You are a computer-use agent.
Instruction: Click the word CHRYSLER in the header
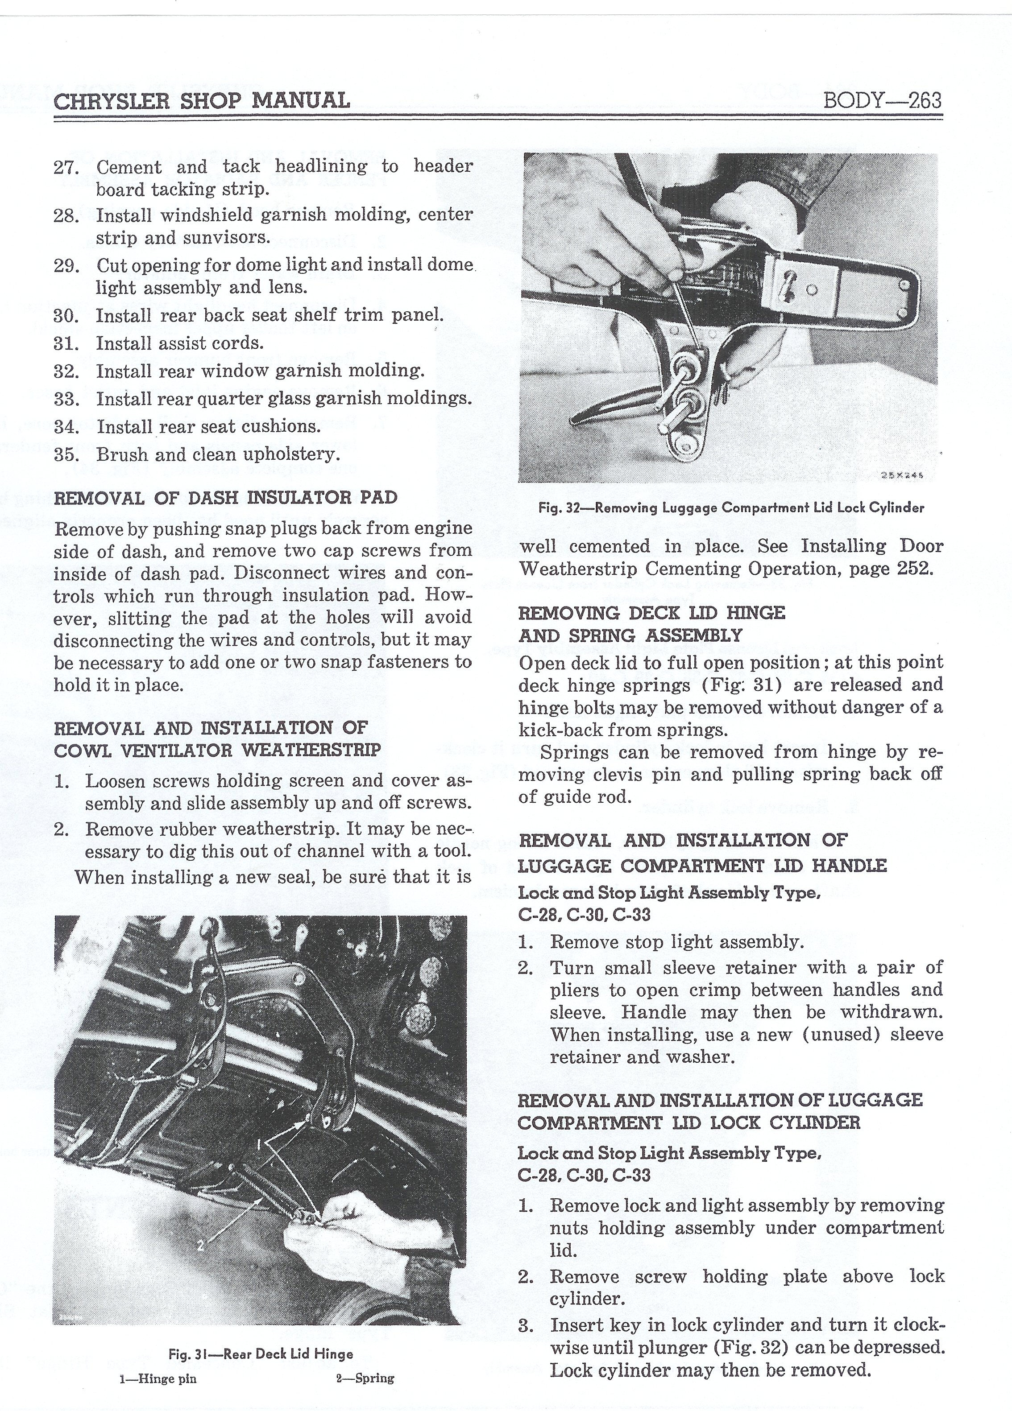click(112, 100)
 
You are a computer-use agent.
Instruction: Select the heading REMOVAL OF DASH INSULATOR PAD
click(225, 498)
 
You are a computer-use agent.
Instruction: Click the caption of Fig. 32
click(731, 507)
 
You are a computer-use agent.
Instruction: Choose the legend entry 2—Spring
click(365, 1378)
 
